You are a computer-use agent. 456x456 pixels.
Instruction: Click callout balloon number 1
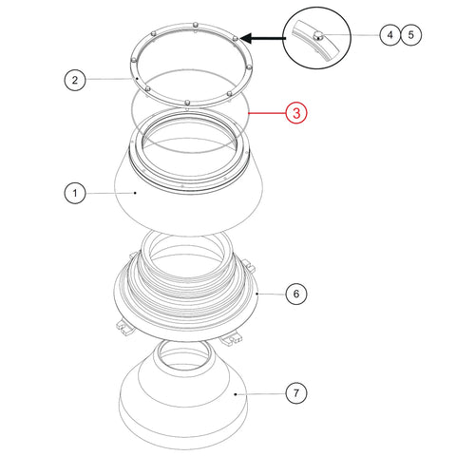[75, 193]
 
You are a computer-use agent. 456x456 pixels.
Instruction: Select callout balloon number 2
[75, 80]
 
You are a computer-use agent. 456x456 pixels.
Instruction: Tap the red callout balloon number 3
[296, 113]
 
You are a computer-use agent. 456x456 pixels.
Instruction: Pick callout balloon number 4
[390, 34]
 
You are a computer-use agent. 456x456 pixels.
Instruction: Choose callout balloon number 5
[411, 34]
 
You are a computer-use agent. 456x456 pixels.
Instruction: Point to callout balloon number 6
[296, 294]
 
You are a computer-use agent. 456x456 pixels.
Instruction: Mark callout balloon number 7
[296, 393]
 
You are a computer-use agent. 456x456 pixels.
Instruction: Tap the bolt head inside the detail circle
[318, 36]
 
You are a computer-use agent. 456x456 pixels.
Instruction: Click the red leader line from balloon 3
[267, 113]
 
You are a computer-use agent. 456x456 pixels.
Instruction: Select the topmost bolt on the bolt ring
[196, 25]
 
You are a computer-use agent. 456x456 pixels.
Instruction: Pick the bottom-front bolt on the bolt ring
[187, 103]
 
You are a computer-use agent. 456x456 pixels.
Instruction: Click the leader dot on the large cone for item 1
[135, 193]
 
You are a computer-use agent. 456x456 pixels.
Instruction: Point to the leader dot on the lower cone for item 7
[236, 394]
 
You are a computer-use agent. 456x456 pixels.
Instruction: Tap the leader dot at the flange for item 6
[256, 294]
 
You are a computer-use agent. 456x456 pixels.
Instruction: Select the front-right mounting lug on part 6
[231, 339]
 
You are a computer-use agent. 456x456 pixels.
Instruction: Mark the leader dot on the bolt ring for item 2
[137, 78]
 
